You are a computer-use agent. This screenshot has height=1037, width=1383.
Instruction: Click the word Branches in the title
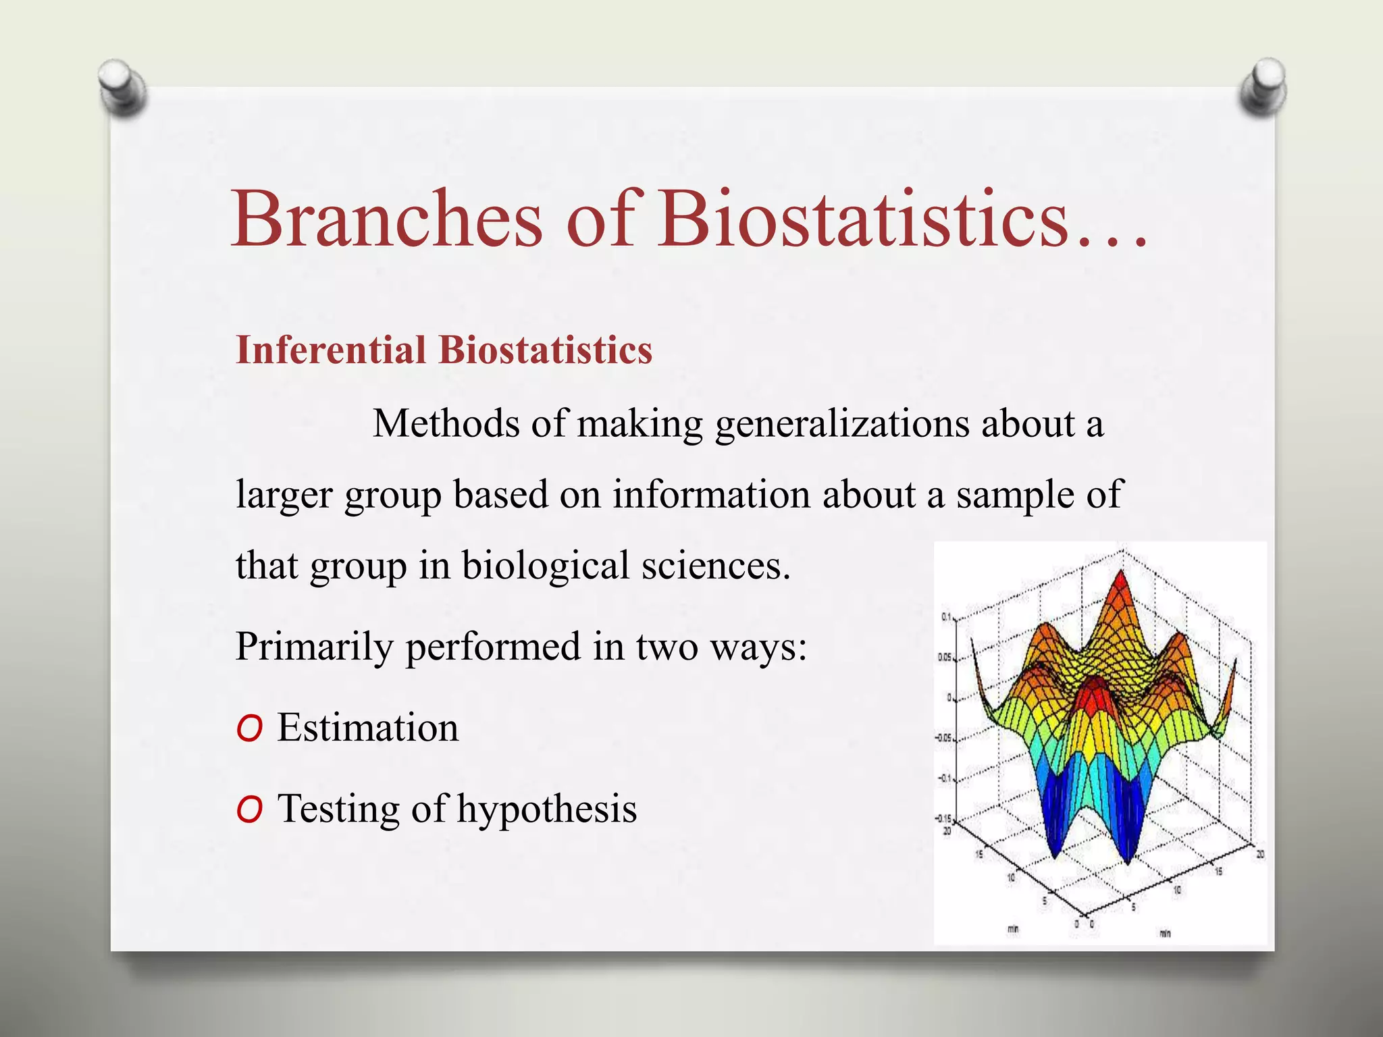(386, 219)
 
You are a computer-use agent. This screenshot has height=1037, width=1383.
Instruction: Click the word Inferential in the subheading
(331, 350)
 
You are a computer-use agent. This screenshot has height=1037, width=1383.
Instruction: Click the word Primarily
(314, 647)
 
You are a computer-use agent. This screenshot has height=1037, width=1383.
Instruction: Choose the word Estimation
(367, 728)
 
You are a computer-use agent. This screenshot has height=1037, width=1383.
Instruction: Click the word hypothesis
(546, 809)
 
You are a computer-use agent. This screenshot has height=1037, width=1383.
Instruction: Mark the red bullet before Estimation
(249, 729)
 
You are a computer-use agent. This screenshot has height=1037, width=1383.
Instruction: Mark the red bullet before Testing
(249, 810)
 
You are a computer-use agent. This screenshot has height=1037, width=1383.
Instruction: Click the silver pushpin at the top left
(122, 86)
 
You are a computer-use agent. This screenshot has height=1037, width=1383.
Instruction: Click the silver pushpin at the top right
(1263, 86)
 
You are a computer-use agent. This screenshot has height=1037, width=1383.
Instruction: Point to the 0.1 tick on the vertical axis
(945, 617)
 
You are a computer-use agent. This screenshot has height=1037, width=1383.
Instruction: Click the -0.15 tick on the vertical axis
(943, 818)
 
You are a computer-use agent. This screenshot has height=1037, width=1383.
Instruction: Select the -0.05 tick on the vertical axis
(943, 738)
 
